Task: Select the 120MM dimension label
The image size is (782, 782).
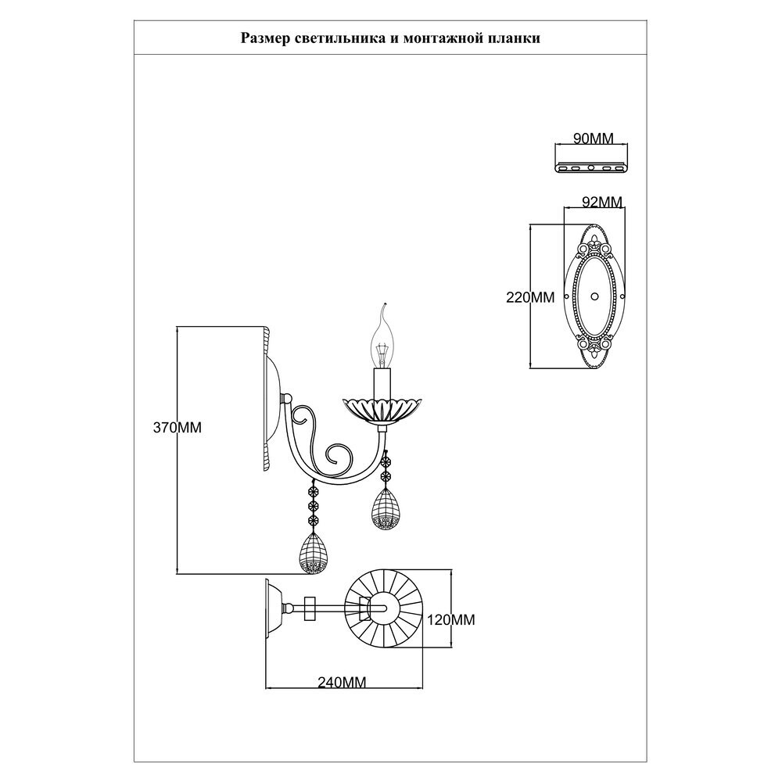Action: coord(453,619)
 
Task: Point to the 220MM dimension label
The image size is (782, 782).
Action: coord(530,297)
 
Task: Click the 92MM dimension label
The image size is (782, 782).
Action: coord(602,202)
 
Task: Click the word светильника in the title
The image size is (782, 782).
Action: coord(328,38)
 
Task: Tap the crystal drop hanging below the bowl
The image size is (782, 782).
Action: coord(385,508)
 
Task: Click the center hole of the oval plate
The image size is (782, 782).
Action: coord(594,297)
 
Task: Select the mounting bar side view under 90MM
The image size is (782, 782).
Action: coord(591,167)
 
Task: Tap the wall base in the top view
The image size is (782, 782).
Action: coord(273,607)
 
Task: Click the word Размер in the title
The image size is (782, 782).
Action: coord(261,38)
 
